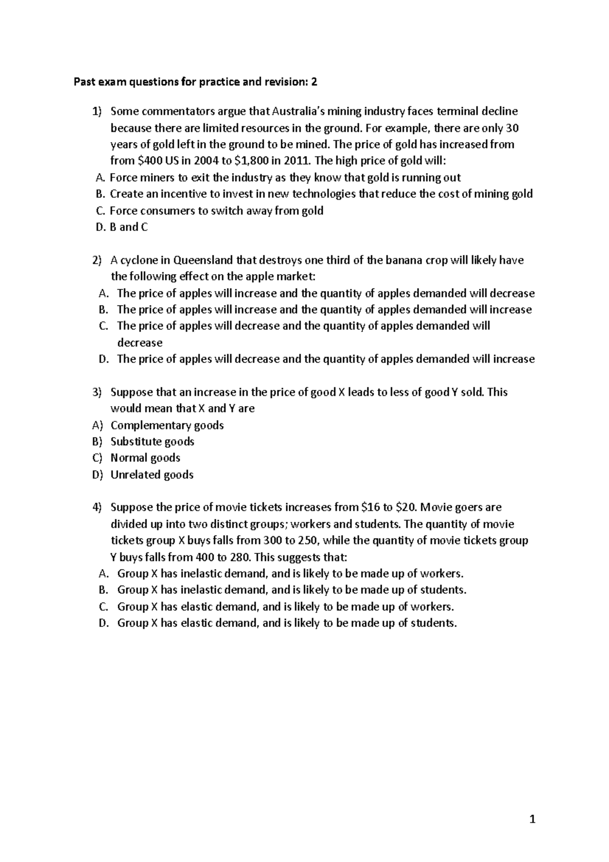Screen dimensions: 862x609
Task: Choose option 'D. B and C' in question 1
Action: tap(122, 227)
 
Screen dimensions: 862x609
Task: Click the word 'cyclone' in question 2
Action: tap(139, 260)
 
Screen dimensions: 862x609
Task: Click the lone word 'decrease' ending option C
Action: tap(140, 343)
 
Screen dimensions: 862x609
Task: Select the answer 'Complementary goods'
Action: tap(167, 425)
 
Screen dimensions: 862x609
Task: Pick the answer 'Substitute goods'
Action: tap(152, 442)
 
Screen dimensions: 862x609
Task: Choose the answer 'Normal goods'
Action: tap(145, 458)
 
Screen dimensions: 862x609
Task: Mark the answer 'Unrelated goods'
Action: tap(152, 475)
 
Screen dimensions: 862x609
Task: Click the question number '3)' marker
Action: tap(97, 392)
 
